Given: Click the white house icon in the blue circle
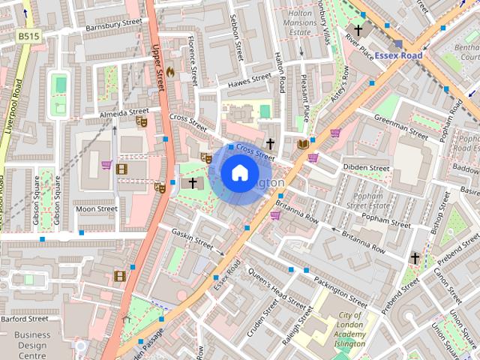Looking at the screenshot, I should click(x=239, y=173).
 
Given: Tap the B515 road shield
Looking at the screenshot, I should click(x=29, y=35).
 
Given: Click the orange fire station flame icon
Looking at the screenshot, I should click(x=169, y=73).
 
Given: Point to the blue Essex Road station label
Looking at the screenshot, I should click(x=399, y=55).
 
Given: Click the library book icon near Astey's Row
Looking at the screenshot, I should click(x=303, y=143).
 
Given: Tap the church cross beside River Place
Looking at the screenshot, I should click(x=358, y=31).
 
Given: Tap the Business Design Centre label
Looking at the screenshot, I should click(x=32, y=345).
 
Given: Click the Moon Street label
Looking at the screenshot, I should click(x=96, y=209).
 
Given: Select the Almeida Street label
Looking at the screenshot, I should click(x=124, y=112).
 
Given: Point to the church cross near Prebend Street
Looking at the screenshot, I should click(x=415, y=258).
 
